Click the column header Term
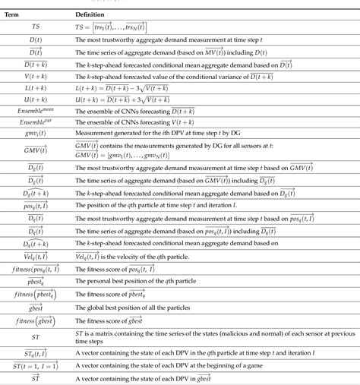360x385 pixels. point(35,14)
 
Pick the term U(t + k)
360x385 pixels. point(35,100)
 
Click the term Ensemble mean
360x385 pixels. point(35,112)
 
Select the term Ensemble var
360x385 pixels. point(35,123)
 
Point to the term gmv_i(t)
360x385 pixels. point(35,134)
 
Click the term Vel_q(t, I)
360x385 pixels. point(35,254)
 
